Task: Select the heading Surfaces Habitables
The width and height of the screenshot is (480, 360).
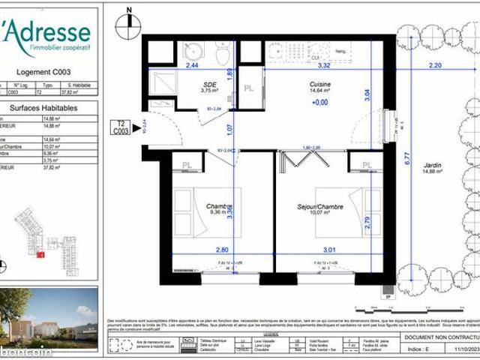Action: (x=49, y=107)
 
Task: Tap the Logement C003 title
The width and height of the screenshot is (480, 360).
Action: (x=49, y=73)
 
